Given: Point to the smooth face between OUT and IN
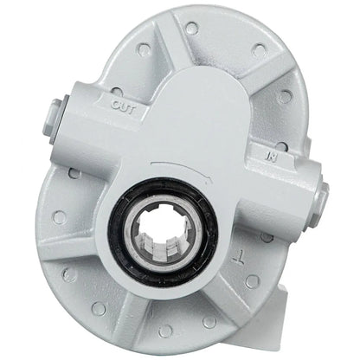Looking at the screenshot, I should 199,121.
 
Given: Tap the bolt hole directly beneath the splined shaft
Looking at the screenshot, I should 166,330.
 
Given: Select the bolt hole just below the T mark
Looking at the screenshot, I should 251,281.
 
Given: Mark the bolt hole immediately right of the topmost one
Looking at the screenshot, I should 259,51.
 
